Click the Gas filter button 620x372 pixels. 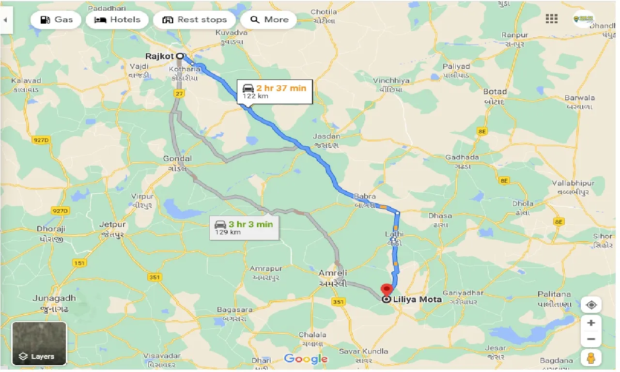pos(56,20)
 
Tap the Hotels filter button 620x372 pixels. pos(117,20)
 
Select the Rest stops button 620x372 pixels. pos(194,20)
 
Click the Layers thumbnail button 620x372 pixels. pos(39,343)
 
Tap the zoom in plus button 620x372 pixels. pos(591,323)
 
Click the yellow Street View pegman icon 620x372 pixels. pos(591,357)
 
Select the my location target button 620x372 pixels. pos(591,305)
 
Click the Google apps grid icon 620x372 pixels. pos(551,19)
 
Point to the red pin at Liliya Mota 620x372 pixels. pos(387,290)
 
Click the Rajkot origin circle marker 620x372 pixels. pos(180,56)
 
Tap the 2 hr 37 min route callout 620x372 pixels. pos(275,91)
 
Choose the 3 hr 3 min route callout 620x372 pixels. pos(244,228)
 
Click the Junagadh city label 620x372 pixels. pos(54,298)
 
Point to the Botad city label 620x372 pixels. pos(495,92)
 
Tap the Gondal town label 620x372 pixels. pos(178,158)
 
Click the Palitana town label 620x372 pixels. pos(554,294)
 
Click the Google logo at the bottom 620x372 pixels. pos(306,359)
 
